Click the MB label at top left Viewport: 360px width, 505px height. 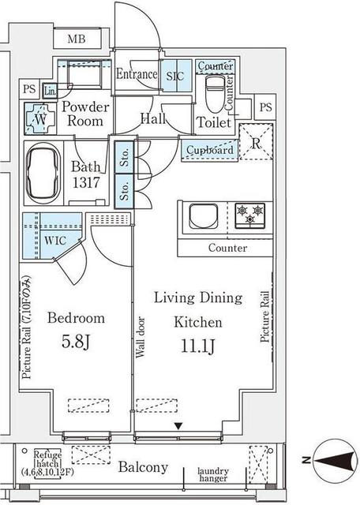[76, 39]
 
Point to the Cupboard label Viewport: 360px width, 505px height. [210, 150]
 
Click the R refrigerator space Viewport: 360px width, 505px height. [256, 144]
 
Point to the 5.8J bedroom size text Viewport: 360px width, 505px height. [76, 344]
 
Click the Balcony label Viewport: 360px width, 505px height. [143, 468]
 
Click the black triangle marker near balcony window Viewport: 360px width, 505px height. [178, 426]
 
